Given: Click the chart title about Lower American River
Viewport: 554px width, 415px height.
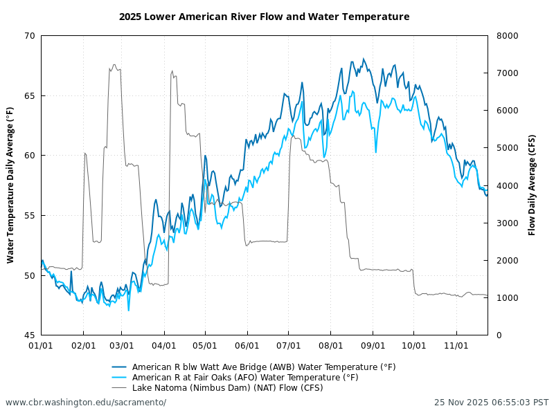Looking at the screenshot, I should (264, 17).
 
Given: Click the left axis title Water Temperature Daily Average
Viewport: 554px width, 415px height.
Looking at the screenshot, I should (10, 185).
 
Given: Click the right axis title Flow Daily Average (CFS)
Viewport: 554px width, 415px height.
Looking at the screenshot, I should (532, 185).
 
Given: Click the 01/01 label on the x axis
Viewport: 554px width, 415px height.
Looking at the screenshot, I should (42, 344).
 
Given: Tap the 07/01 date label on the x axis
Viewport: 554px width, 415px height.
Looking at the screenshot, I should (289, 344).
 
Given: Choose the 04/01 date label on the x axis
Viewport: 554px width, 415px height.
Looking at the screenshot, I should (164, 344).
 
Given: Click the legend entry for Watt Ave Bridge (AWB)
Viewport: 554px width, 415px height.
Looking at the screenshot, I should (263, 367).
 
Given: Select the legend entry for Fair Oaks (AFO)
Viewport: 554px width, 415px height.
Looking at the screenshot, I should (244, 378).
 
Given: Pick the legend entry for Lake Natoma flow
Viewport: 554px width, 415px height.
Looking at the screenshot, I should (227, 388).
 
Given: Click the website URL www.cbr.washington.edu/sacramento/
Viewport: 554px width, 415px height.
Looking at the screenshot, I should (86, 403).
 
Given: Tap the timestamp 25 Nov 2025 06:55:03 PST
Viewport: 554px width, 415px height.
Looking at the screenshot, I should (491, 403).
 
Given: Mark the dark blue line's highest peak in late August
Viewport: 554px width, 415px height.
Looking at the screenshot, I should (364, 59).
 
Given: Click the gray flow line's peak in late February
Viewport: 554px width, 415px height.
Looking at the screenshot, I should (114, 65).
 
